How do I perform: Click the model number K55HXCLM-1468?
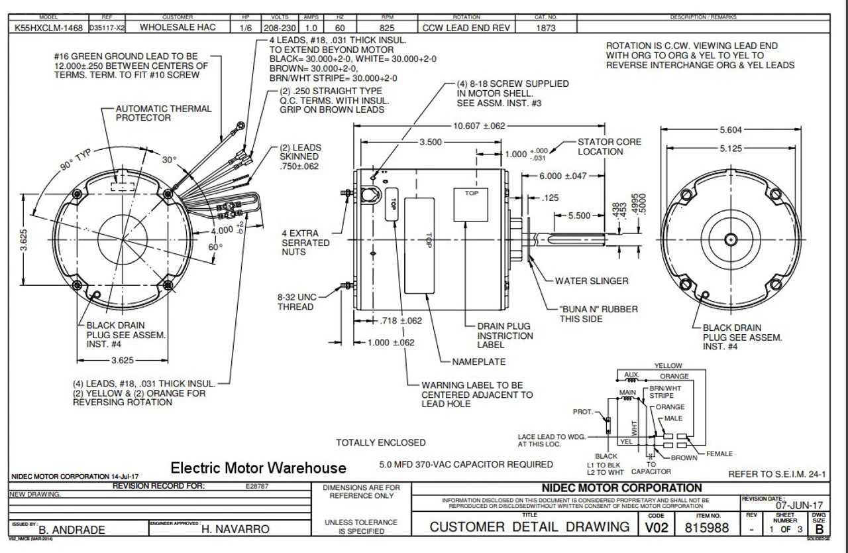tap(49, 28)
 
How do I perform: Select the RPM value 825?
tap(388, 28)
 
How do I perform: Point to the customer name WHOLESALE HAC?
tap(177, 28)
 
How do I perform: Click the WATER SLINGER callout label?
tap(592, 281)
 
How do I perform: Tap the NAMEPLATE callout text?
tap(478, 362)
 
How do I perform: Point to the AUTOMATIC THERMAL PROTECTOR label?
tap(164, 113)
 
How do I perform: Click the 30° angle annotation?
tap(169, 160)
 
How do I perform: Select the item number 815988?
tap(708, 528)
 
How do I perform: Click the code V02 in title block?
tap(656, 528)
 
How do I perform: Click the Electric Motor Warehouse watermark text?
tap(258, 468)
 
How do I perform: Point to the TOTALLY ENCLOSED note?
tap(381, 442)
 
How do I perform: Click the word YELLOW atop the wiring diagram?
tap(668, 365)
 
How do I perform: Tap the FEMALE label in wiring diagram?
tap(719, 454)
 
